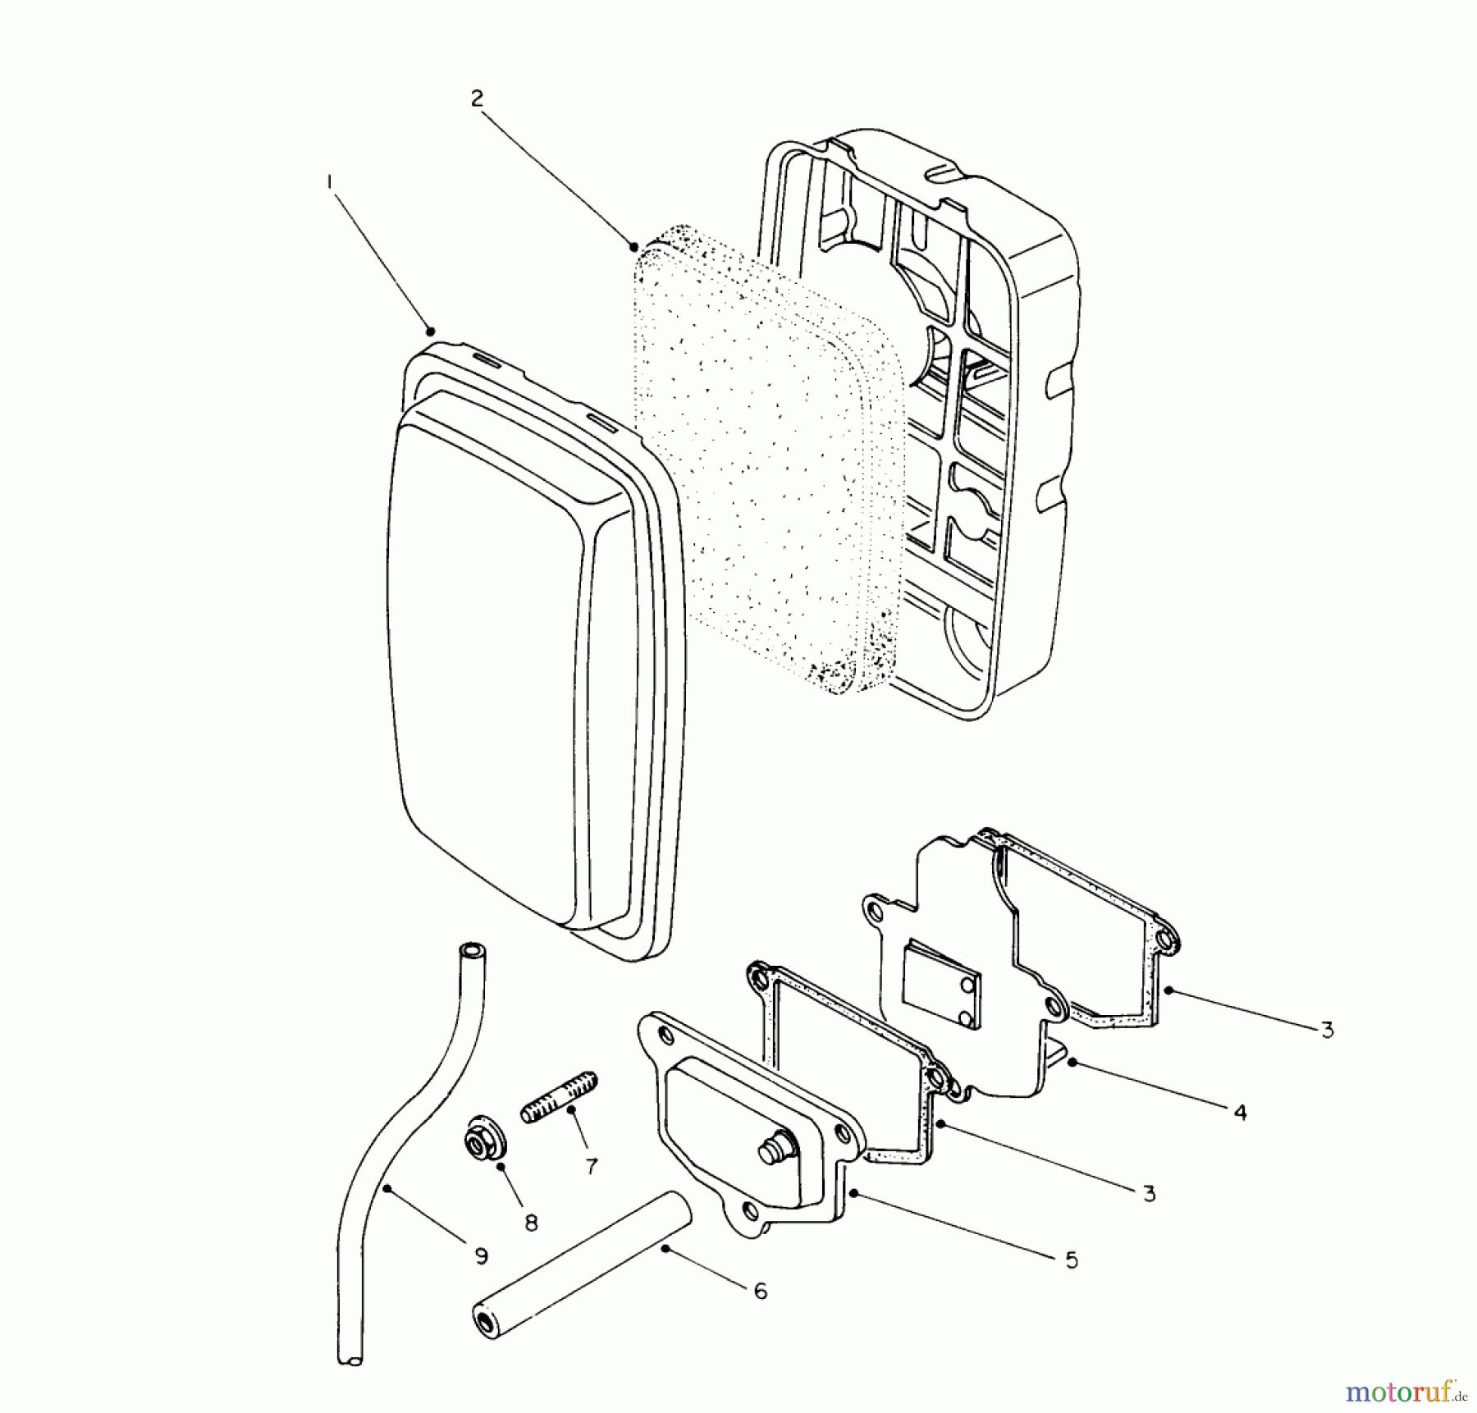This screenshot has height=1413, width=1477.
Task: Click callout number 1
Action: pos(330,182)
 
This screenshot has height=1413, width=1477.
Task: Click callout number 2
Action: pos(477,98)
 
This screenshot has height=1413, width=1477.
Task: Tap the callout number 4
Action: pos(1240,1113)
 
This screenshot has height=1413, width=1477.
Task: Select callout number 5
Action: pos(1072,1260)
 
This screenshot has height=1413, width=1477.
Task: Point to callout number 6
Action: pos(760,1292)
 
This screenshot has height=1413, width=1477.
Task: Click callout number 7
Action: pos(591,1166)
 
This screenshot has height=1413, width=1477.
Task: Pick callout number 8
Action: pos(531,1223)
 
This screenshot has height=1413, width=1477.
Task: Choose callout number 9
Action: pos(481,1255)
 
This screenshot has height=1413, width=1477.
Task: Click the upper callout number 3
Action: pos(1327,1030)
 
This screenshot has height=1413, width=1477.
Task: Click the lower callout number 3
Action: pos(1149,1194)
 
